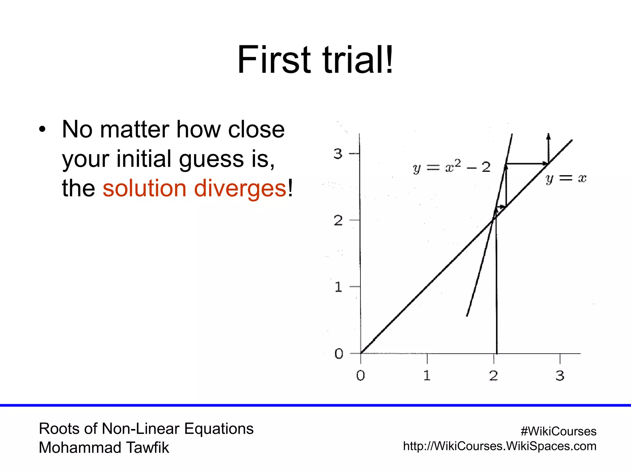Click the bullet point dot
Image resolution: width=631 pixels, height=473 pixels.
(x=42, y=129)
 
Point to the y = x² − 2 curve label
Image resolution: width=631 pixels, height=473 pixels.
(x=451, y=167)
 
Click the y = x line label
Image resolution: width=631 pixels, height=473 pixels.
(x=566, y=178)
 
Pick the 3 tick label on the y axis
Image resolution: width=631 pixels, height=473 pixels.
(x=338, y=153)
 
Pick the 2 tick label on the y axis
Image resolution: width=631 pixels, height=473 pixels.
(x=338, y=220)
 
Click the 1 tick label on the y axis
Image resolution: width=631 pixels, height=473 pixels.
(x=338, y=287)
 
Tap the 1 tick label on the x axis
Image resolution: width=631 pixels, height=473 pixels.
(x=427, y=375)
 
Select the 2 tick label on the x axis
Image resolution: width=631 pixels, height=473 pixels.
(x=493, y=375)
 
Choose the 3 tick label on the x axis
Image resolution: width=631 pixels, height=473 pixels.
(x=560, y=375)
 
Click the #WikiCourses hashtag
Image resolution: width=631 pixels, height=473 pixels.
(x=558, y=431)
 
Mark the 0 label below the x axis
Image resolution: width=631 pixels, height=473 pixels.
(x=360, y=375)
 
